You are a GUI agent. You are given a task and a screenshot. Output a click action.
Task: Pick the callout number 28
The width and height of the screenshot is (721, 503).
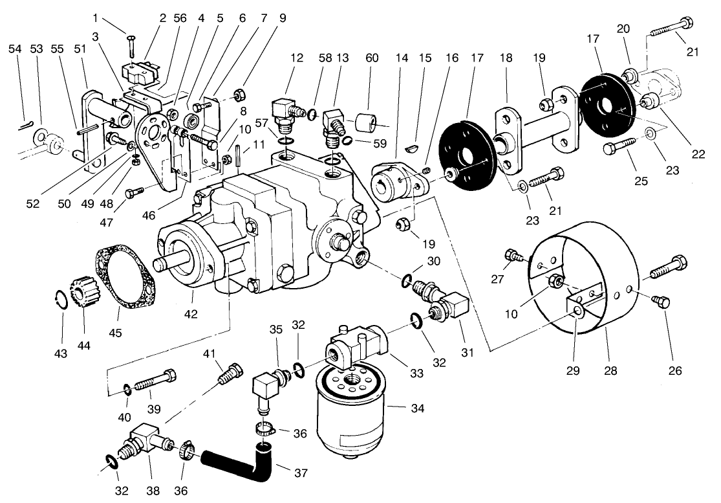[610, 371]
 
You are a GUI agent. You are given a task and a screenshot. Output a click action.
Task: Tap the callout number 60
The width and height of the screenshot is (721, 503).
[371, 58]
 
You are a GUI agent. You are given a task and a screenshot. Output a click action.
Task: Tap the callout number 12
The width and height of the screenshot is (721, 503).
[296, 58]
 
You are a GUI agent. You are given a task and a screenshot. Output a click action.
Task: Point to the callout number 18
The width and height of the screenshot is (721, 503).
[506, 58]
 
